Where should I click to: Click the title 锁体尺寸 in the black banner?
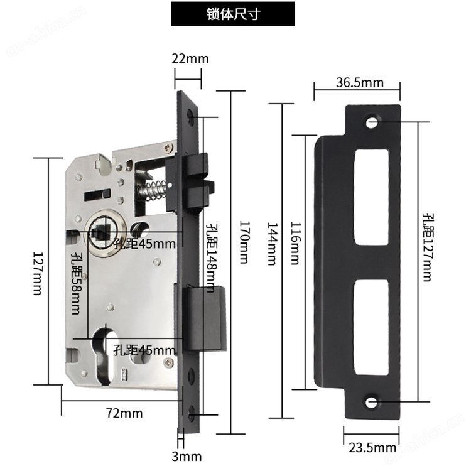point(233,14)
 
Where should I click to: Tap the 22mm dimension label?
point(190,58)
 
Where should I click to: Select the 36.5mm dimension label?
point(360,83)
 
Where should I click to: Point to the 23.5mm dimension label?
point(372,448)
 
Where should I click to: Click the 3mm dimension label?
point(187,457)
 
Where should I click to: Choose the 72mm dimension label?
point(124,413)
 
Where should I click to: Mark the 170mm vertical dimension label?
point(244,242)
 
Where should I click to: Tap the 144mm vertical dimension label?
point(272,244)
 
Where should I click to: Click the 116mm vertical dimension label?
point(295,243)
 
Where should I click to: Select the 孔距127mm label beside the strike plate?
point(428,247)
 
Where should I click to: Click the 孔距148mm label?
point(212,257)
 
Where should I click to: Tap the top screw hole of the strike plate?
point(372,122)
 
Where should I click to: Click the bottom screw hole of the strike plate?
point(372,403)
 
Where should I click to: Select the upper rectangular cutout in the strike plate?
point(372,197)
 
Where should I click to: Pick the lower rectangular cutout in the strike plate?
point(371,327)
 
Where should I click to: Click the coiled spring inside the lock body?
point(151,190)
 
